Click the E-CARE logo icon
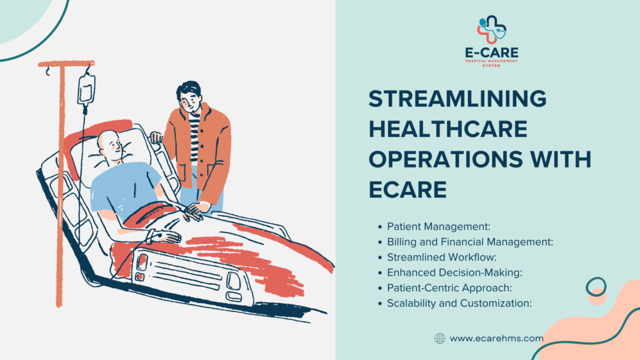click(x=491, y=30)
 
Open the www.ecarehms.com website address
click(x=496, y=338)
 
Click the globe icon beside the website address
click(x=439, y=338)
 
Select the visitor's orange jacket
click(x=212, y=150)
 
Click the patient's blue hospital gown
click(x=125, y=187)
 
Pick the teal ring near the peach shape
click(x=596, y=287)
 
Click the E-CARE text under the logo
click(x=491, y=55)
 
